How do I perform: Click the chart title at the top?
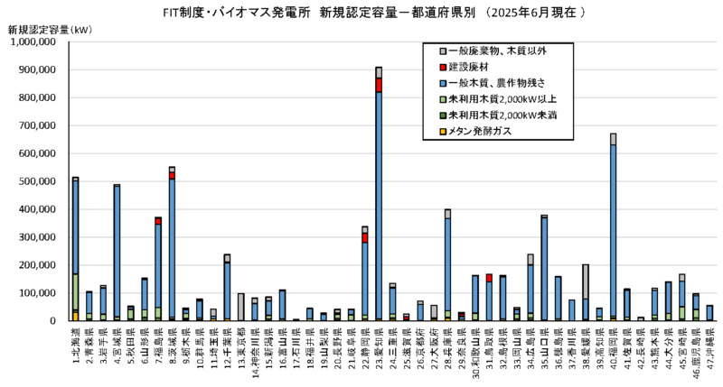click(361, 12)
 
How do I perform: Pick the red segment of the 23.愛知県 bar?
click(378, 85)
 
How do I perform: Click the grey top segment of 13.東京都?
click(241, 306)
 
